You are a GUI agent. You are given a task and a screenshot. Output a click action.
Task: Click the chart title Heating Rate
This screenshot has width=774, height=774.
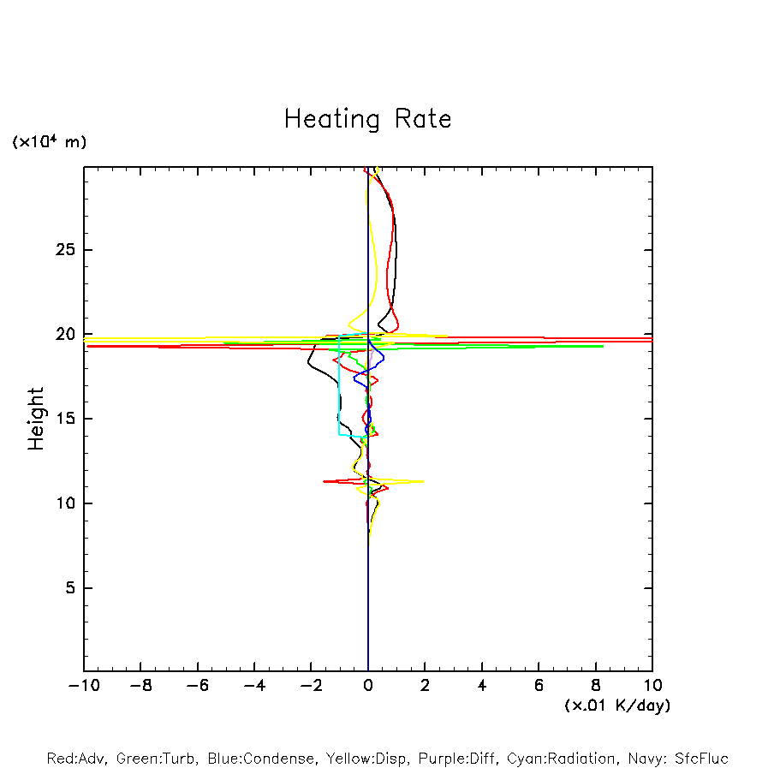pyautogui.click(x=367, y=119)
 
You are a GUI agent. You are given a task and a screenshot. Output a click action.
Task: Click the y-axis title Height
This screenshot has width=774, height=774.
pyautogui.click(x=36, y=419)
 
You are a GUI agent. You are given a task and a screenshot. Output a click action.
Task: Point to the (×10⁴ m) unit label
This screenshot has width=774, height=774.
pyautogui.click(x=49, y=142)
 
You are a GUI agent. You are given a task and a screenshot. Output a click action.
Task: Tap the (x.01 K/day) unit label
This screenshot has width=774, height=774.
pyautogui.click(x=616, y=706)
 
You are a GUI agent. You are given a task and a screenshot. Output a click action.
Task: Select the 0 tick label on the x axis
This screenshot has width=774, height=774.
pyautogui.click(x=368, y=686)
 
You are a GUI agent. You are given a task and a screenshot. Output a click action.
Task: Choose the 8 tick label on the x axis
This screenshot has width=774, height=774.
pyautogui.click(x=596, y=686)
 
